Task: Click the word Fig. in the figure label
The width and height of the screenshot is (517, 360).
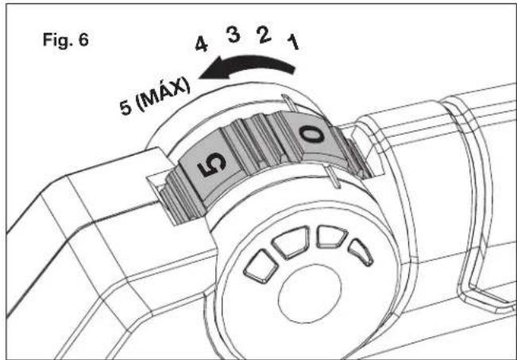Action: coord(57,41)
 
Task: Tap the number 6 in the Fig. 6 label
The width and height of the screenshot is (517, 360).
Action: coord(83,40)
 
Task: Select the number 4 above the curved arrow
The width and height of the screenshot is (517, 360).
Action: coord(202,45)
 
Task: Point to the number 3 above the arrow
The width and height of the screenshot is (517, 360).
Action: coord(233,35)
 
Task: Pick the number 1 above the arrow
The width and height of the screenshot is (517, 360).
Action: coord(293,43)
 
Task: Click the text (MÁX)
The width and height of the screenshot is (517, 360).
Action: coord(164,94)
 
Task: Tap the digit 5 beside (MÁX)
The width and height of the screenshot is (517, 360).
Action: coord(126,108)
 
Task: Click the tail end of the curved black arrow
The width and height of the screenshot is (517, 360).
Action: coord(293,69)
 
